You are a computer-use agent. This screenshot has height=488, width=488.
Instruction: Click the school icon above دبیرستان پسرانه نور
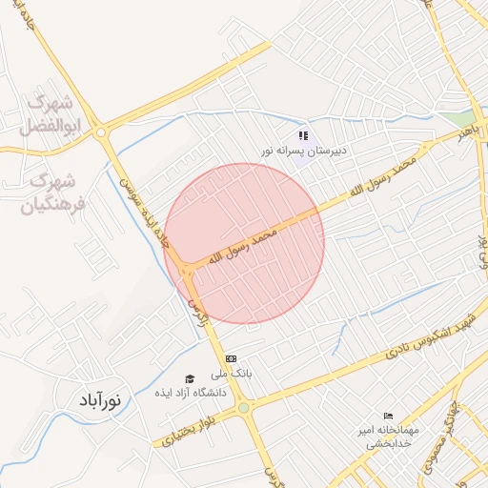coord(304,135)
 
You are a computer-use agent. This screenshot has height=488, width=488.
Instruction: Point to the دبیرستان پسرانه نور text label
coord(306,152)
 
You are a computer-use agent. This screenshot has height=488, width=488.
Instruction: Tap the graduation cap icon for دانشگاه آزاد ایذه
coord(189,379)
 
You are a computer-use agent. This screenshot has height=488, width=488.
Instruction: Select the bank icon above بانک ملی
coord(230,359)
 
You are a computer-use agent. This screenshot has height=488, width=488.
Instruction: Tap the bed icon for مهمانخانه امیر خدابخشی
coord(387,417)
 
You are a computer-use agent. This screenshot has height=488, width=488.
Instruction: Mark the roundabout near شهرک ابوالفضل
coord(102,134)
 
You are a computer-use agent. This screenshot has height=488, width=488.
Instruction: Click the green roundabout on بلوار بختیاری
coord(245,408)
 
